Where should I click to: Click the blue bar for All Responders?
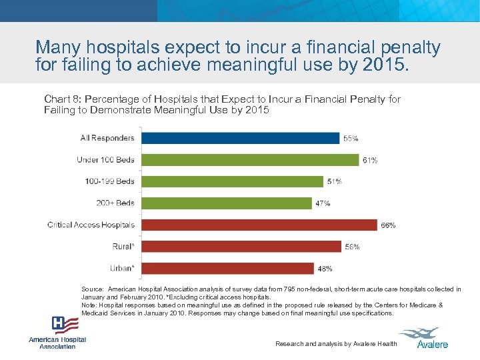click(239, 138)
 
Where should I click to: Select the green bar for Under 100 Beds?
click(248, 160)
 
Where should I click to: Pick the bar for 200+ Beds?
click(225, 203)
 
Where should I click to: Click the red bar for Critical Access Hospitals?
click(257, 225)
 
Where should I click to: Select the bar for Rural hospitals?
click(239, 247)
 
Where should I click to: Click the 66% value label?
click(388, 225)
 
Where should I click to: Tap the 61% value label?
click(370, 161)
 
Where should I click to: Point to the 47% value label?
click(323, 203)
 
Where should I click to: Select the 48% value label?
click(325, 269)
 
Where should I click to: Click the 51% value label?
click(334, 182)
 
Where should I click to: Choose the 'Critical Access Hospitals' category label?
click(91, 225)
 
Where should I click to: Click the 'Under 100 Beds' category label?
click(105, 159)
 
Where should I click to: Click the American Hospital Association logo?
click(57, 332)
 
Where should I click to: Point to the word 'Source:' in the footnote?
click(93, 289)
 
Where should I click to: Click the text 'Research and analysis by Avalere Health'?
click(336, 344)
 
